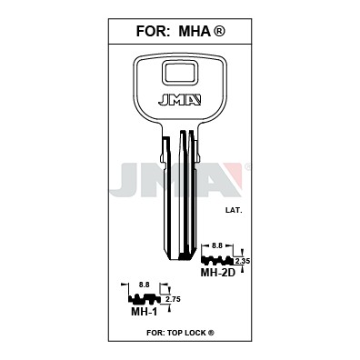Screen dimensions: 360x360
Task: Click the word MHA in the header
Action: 195,31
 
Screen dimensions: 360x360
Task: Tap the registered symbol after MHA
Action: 219,31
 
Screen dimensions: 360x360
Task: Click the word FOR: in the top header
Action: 152,31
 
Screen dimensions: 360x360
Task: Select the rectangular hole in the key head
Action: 179,73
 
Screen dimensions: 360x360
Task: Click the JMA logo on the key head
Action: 179,100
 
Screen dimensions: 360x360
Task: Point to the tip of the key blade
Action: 180,258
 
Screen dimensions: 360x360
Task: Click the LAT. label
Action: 234,210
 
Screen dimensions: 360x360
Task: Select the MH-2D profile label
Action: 218,273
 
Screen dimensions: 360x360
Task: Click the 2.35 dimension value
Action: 243,261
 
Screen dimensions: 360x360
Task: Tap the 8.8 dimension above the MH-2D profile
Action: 217,246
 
